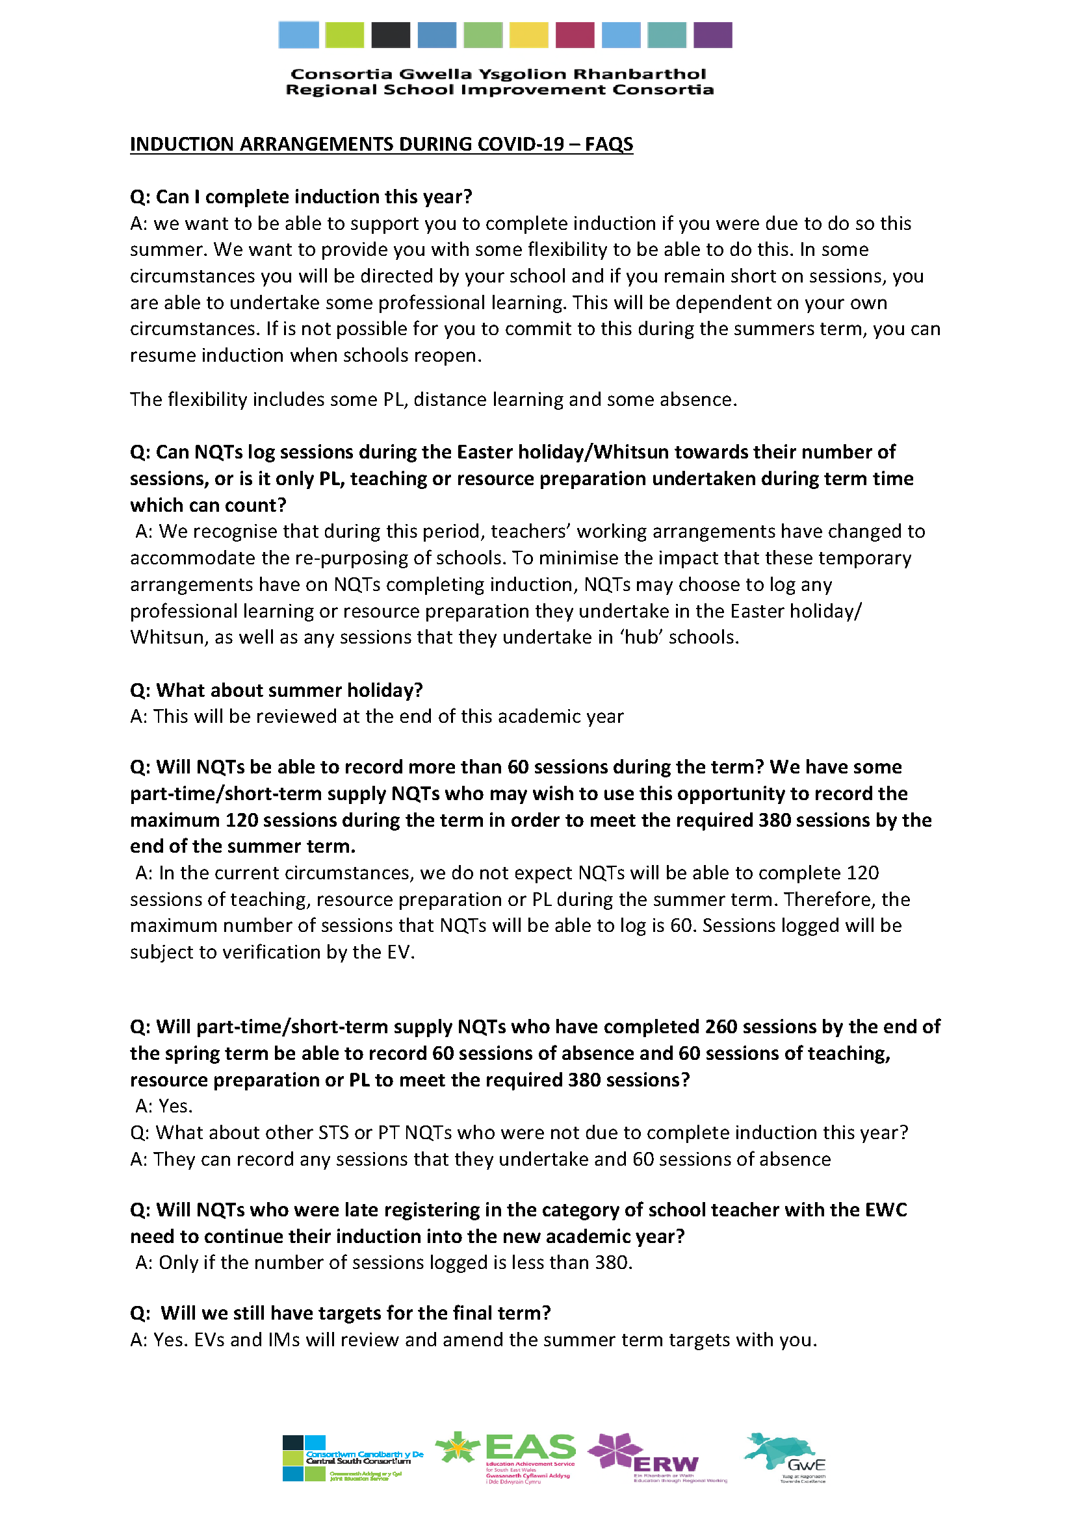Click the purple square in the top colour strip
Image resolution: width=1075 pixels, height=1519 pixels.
click(x=712, y=35)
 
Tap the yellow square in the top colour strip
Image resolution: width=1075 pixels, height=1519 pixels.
click(x=528, y=35)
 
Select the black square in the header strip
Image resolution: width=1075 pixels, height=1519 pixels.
click(x=391, y=35)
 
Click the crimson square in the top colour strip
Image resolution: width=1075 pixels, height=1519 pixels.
click(x=575, y=35)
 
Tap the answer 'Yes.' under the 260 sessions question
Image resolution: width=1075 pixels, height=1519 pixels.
click(x=175, y=1106)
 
